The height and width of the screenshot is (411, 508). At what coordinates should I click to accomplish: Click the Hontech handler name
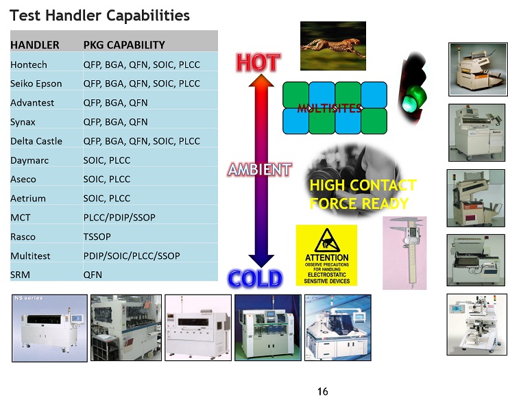[x=29, y=64]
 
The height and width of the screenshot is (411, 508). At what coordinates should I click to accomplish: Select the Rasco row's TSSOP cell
[x=97, y=237]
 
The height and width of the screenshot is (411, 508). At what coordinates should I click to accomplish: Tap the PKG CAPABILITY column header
[x=124, y=45]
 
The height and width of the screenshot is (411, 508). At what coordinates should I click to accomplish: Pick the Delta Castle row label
[x=36, y=141]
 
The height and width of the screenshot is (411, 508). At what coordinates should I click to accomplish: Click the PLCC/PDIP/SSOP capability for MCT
[x=119, y=217]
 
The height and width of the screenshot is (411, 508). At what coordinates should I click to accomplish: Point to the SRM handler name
[x=20, y=275]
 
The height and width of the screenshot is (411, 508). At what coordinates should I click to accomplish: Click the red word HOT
[x=258, y=62]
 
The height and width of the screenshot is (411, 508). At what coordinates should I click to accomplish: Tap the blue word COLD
[x=255, y=279]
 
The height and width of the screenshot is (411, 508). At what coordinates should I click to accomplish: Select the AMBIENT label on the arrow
[x=260, y=169]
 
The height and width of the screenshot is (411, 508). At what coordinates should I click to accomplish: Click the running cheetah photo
[x=333, y=46]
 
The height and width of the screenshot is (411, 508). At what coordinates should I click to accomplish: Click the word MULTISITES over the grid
[x=330, y=108]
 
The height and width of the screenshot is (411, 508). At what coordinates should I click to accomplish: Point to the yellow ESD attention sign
[x=326, y=256]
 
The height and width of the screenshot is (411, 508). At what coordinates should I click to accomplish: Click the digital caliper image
[x=404, y=253]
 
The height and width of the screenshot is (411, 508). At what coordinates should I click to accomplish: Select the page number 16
[x=323, y=392]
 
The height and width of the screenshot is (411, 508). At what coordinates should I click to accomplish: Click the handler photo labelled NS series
[x=49, y=328]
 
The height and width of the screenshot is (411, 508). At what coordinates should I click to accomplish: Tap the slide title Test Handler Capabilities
[x=99, y=16]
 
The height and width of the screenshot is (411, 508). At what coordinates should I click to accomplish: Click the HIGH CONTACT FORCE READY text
[x=363, y=194]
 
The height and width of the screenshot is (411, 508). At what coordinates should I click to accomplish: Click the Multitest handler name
[x=30, y=256]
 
